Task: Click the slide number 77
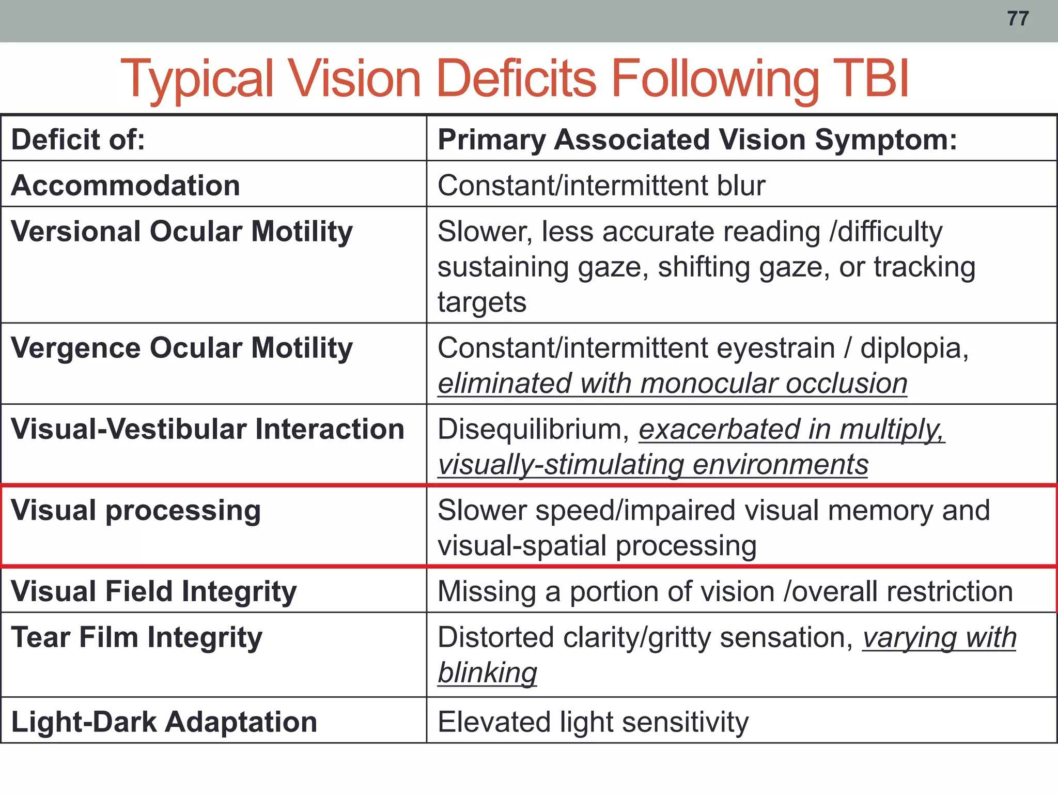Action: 1018,19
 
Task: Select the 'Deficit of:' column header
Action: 78,140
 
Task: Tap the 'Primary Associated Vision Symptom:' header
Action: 697,140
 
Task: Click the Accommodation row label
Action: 126,185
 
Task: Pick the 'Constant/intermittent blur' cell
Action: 601,185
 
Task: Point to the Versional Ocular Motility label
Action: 181,231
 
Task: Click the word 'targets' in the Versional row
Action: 481,302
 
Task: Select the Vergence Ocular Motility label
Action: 181,347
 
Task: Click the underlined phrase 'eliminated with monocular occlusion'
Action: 672,384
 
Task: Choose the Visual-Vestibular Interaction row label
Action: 207,429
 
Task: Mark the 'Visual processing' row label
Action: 136,510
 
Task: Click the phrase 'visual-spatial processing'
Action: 597,546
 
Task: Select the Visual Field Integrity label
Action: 153,591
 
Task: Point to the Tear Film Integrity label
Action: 136,637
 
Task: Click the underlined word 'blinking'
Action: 487,673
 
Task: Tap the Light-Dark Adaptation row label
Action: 164,722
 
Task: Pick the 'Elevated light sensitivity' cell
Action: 593,722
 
